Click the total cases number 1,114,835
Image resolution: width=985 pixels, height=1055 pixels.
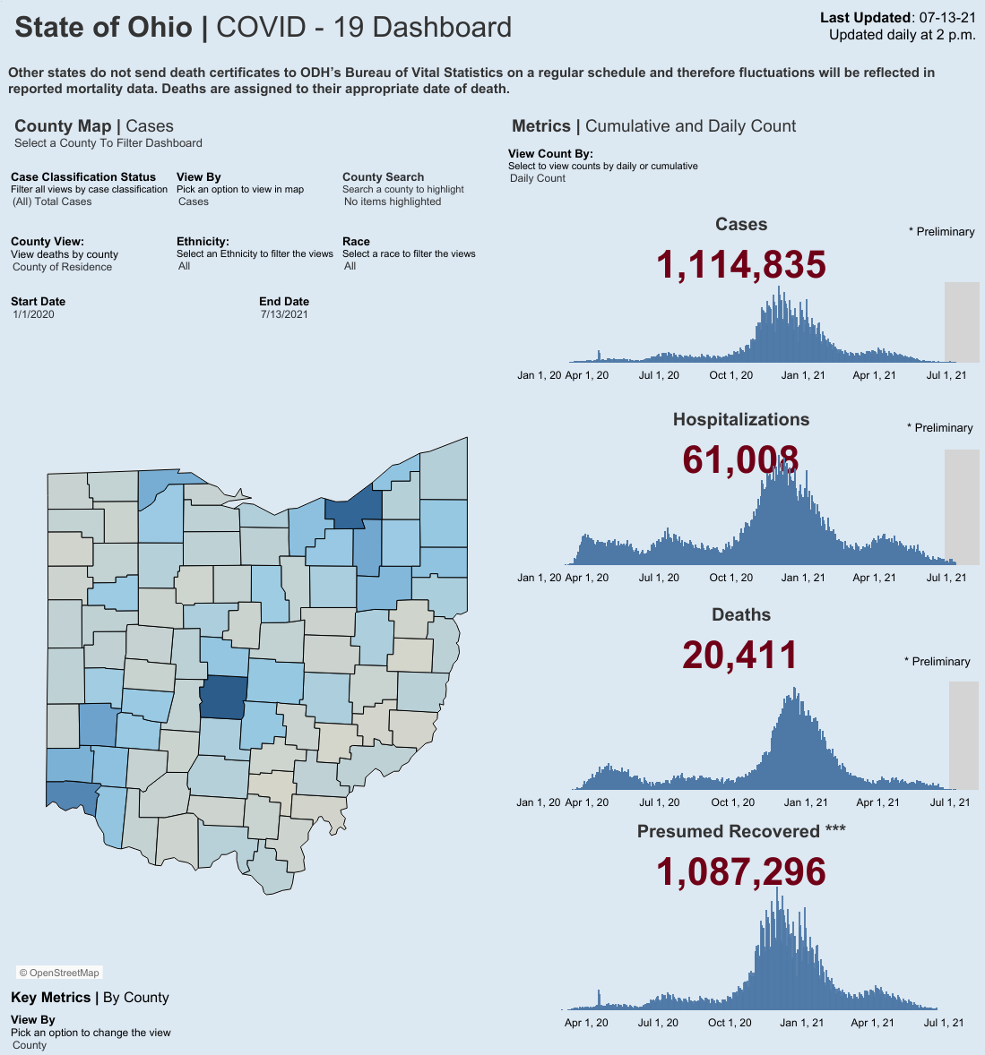click(740, 264)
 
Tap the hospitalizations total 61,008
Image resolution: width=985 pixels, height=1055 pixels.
click(740, 459)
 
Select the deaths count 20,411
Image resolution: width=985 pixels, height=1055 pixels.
click(740, 655)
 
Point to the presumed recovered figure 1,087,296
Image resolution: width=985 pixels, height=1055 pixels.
click(740, 872)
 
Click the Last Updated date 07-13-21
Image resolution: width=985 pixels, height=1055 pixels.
click(947, 18)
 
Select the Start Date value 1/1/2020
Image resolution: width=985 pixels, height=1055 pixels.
click(34, 314)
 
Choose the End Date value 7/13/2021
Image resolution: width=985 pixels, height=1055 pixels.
click(284, 314)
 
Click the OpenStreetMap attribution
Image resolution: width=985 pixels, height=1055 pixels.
click(59, 973)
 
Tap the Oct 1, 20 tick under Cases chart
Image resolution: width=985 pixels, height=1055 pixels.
click(731, 375)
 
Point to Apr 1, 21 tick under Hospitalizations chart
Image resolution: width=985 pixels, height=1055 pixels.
click(874, 578)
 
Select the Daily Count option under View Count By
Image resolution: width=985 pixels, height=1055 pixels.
click(537, 178)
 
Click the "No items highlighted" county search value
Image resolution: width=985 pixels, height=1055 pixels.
click(393, 202)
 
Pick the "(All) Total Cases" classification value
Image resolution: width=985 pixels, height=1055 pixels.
click(52, 202)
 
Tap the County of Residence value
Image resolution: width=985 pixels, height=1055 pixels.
click(62, 267)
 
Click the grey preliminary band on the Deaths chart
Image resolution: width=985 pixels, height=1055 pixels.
click(963, 735)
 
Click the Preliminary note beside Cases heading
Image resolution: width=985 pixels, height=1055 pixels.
click(942, 231)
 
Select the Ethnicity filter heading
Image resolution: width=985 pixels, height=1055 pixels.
click(203, 242)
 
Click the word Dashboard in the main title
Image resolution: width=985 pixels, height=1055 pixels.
click(442, 28)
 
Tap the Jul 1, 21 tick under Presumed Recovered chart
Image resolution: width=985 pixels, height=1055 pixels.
click(944, 1023)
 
